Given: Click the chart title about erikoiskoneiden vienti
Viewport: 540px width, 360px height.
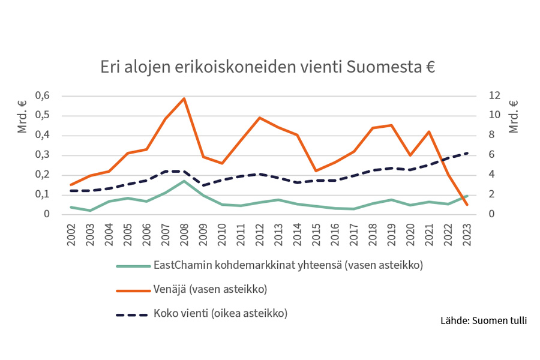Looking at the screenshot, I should (268, 67).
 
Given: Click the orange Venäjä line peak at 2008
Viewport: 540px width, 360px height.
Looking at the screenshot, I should (184, 98).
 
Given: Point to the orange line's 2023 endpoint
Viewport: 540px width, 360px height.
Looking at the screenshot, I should (467, 205).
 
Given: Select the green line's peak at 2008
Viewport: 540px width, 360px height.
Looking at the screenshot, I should (184, 181).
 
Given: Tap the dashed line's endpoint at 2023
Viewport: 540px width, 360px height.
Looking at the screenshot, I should (467, 153).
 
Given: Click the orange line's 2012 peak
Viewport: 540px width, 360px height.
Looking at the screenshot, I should (259, 118).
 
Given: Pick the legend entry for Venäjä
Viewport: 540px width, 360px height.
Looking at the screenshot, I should (210, 290).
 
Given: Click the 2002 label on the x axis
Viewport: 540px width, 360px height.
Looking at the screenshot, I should (71, 233).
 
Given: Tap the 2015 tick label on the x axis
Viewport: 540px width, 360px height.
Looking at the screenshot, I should (316, 233).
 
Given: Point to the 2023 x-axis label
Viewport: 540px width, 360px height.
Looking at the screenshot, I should (467, 233).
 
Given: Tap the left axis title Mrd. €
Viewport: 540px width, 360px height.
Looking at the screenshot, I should (23, 116).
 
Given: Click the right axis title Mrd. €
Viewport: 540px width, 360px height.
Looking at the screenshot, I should (514, 116).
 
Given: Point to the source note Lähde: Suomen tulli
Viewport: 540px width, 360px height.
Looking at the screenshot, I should (484, 320).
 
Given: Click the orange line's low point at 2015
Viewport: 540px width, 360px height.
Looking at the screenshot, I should (316, 171).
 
